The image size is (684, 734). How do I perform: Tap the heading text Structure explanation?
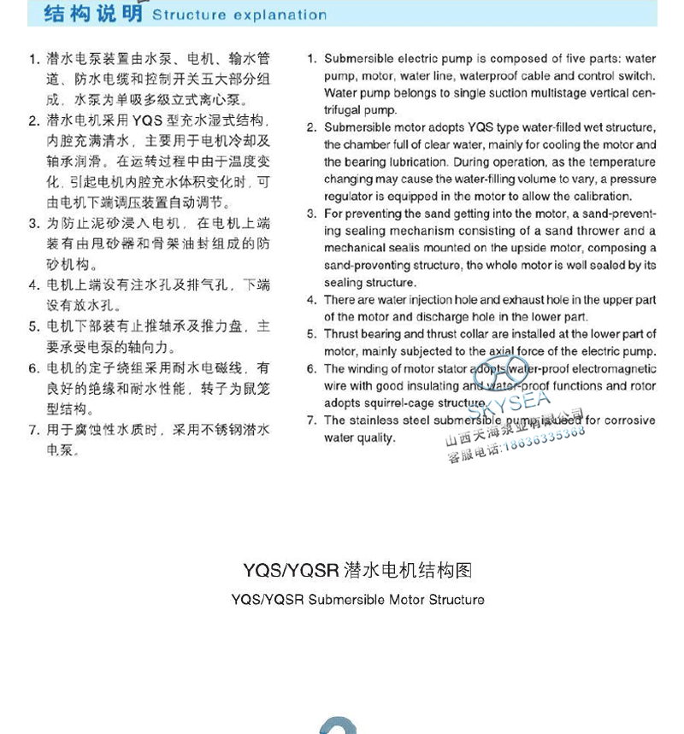pos(239,15)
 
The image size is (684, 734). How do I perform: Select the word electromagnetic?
pos(614,369)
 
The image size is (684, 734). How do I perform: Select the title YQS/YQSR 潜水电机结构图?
pos(357,570)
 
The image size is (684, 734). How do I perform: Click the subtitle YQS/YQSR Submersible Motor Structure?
pos(357,600)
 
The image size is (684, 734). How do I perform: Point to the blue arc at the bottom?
pos(338,726)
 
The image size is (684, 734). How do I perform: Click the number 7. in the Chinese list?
pos(34,430)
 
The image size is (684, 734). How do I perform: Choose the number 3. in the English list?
pos(312,214)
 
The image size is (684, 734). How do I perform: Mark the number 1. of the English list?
pos(312,59)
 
